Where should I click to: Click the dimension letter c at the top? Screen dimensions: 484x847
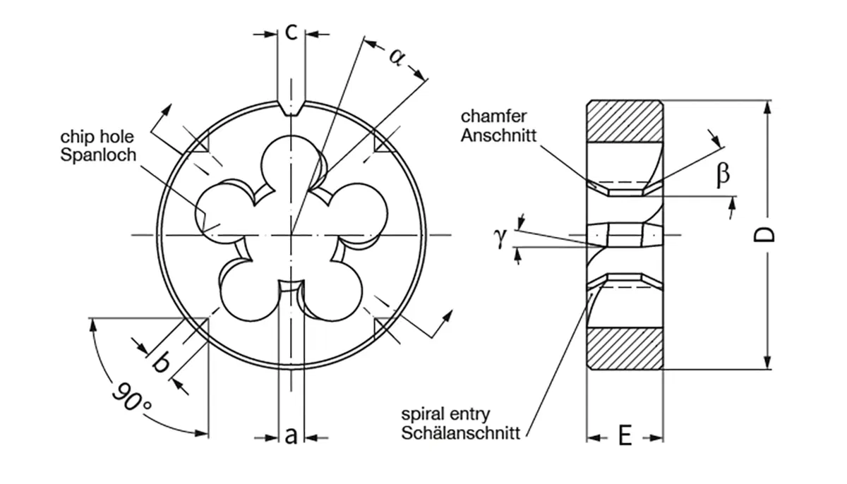click(291, 32)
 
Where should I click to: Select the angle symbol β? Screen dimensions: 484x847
click(722, 174)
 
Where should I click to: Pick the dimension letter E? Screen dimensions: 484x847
click(625, 437)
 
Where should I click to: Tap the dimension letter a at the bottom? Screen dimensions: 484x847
click(291, 437)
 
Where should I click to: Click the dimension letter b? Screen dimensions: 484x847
click(161, 363)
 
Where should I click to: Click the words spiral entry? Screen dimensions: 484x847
click(445, 414)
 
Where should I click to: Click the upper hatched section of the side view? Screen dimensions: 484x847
click(625, 121)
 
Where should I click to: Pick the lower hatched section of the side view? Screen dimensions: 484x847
click(625, 349)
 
